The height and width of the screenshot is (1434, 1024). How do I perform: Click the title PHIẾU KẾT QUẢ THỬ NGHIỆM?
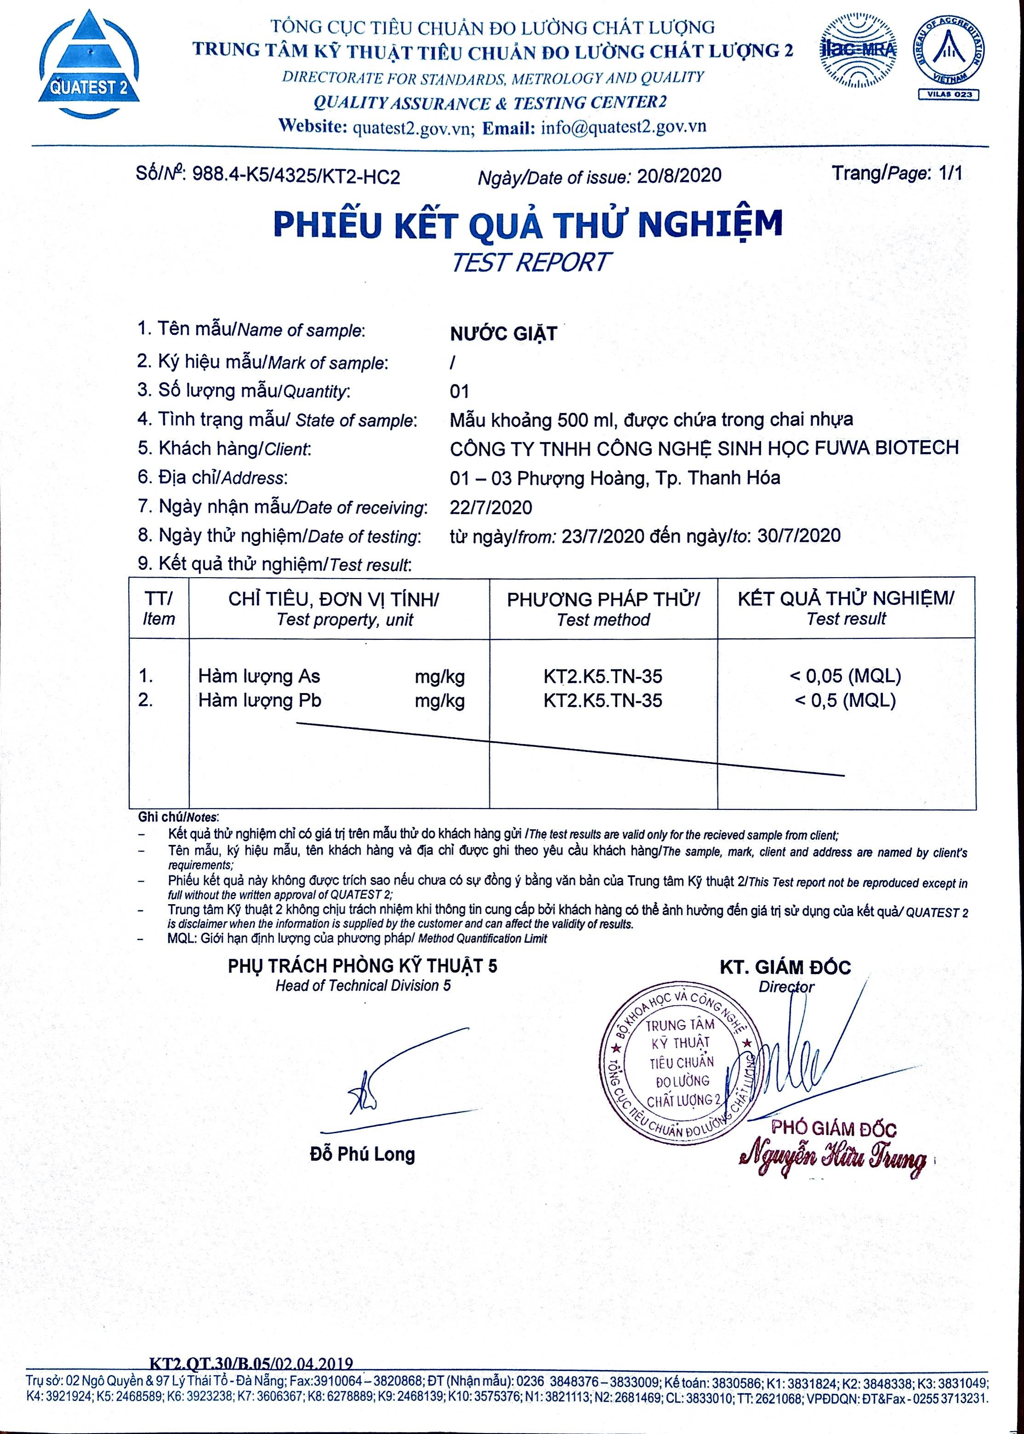(x=528, y=224)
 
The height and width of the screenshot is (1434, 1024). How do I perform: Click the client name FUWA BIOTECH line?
(x=704, y=448)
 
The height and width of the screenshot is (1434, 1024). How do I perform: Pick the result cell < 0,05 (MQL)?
(x=846, y=676)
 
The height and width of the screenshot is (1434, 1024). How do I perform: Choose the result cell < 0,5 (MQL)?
(x=845, y=700)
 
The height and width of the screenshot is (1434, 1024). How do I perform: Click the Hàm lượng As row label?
(x=259, y=677)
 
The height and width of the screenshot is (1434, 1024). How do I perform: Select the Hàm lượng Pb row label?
(x=260, y=700)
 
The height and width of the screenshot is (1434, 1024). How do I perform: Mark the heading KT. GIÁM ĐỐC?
(x=785, y=967)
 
